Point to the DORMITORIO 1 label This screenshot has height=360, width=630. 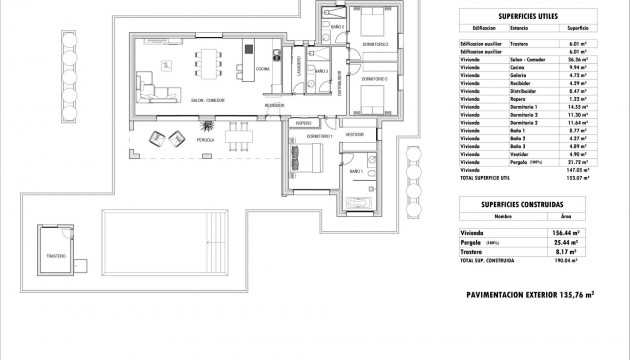(x=317, y=136)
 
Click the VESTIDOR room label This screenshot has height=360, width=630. (x=355, y=134)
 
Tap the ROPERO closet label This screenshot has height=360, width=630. (x=303, y=121)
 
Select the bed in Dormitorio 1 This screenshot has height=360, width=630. (x=308, y=157)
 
